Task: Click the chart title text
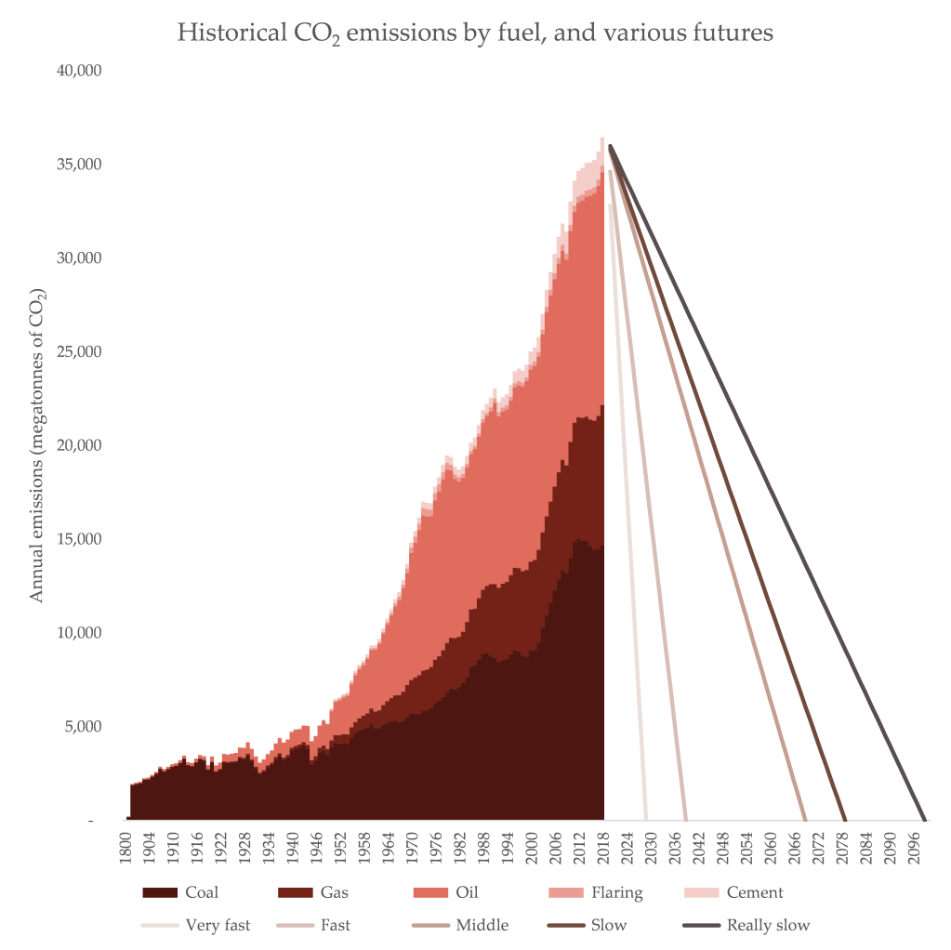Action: (475, 34)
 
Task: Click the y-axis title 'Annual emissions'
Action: (37, 444)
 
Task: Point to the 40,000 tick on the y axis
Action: (80, 71)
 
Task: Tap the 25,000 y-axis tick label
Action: (80, 352)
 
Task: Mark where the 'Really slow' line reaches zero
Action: (925, 821)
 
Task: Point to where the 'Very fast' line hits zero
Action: (646, 821)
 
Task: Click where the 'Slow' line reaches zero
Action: (845, 821)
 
